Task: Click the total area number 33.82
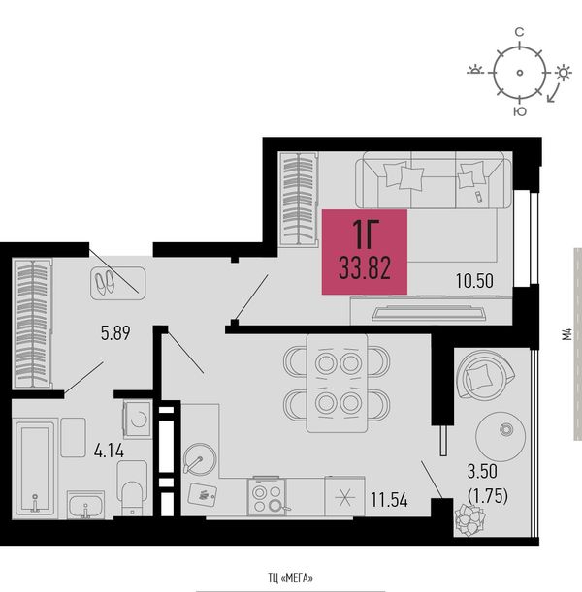(365, 267)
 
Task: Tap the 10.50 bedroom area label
(474, 281)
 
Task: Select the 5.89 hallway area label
(115, 333)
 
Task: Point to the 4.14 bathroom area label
(109, 451)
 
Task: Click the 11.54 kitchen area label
(389, 500)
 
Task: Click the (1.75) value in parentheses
(488, 496)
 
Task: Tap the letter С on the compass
(520, 33)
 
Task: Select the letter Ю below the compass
(520, 111)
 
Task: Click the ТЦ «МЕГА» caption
(291, 578)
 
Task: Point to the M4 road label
(566, 335)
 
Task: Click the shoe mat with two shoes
(118, 283)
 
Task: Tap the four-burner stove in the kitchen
(267, 497)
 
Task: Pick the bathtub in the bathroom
(35, 468)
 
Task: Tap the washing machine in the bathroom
(138, 420)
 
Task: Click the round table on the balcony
(500, 437)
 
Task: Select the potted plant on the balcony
(470, 519)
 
